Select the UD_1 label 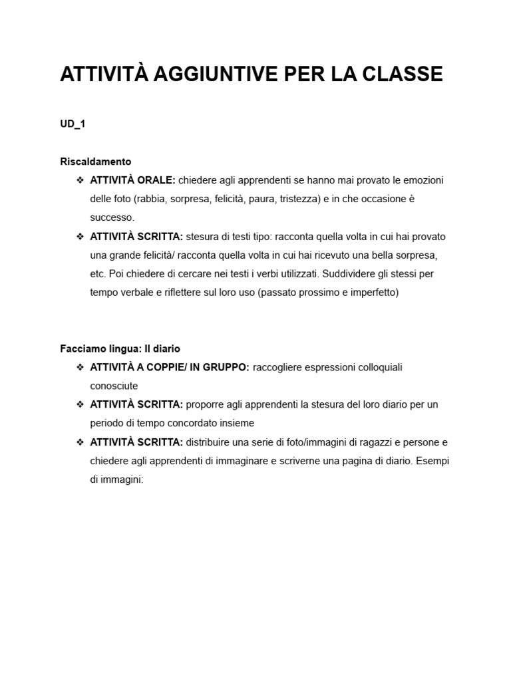pyautogui.click(x=73, y=124)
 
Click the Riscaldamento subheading pyautogui.click(x=96, y=162)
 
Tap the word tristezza pyautogui.click(x=299, y=199)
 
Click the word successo pyautogui.click(x=112, y=217)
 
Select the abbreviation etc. pyautogui.click(x=98, y=273)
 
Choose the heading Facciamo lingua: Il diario pyautogui.click(x=120, y=348)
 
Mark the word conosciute pyautogui.click(x=114, y=386)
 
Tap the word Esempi pyautogui.click(x=433, y=460)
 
